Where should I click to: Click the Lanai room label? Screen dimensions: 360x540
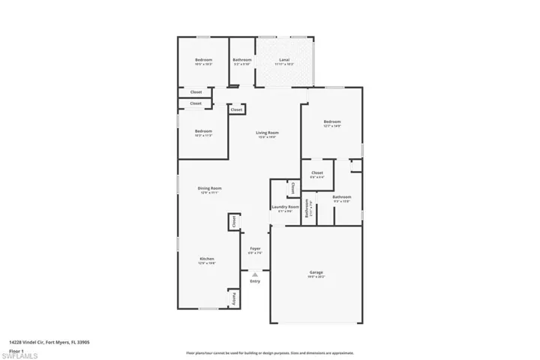pyautogui.click(x=284, y=60)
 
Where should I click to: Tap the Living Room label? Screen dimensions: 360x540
pyautogui.click(x=267, y=133)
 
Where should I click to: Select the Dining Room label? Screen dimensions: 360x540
pyautogui.click(x=209, y=188)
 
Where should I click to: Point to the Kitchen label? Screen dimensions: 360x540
pyautogui.click(x=206, y=259)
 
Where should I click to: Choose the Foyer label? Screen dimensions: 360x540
pyautogui.click(x=254, y=249)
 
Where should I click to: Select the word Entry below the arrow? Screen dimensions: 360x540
pyautogui.click(x=254, y=281)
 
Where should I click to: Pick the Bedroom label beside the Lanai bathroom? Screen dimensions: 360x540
pyautogui.click(x=204, y=60)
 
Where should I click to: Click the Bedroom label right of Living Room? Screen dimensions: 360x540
pyautogui.click(x=332, y=121)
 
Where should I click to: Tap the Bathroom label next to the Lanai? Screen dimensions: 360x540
pyautogui.click(x=241, y=60)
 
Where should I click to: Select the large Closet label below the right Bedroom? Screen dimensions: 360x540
pyautogui.click(x=316, y=172)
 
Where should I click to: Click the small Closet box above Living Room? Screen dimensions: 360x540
pyautogui.click(x=236, y=109)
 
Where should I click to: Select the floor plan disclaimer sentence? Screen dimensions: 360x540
pyautogui.click(x=269, y=352)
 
